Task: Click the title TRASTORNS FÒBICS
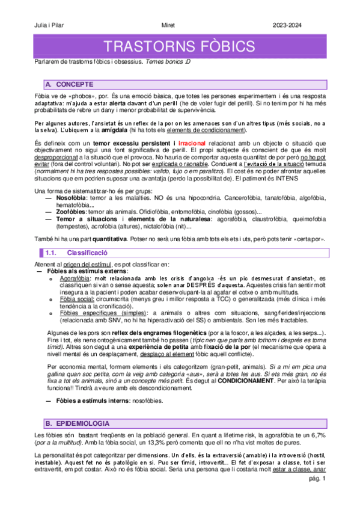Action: click(180, 47)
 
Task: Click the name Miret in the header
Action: click(171, 25)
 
